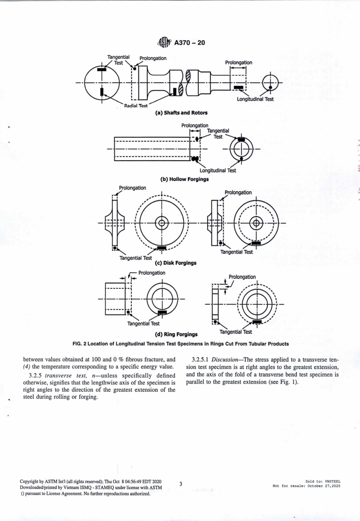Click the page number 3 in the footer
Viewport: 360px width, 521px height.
click(180, 484)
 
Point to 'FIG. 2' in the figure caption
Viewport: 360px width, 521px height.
click(80, 344)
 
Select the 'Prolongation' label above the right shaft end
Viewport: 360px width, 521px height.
click(238, 62)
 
